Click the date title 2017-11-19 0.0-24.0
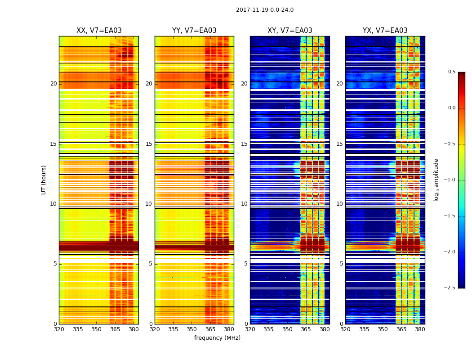(x=264, y=10)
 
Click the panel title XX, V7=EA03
(x=99, y=31)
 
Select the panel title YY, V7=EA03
(x=194, y=31)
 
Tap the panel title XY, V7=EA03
(x=289, y=31)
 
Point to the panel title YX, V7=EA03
(x=385, y=31)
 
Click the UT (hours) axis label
(x=44, y=180)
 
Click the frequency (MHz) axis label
(x=217, y=338)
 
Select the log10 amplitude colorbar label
(x=436, y=180)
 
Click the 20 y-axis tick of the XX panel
(x=53, y=84)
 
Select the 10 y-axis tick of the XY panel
(x=245, y=204)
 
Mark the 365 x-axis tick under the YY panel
(x=210, y=329)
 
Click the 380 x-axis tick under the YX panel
(x=420, y=329)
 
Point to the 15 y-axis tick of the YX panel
(x=340, y=144)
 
